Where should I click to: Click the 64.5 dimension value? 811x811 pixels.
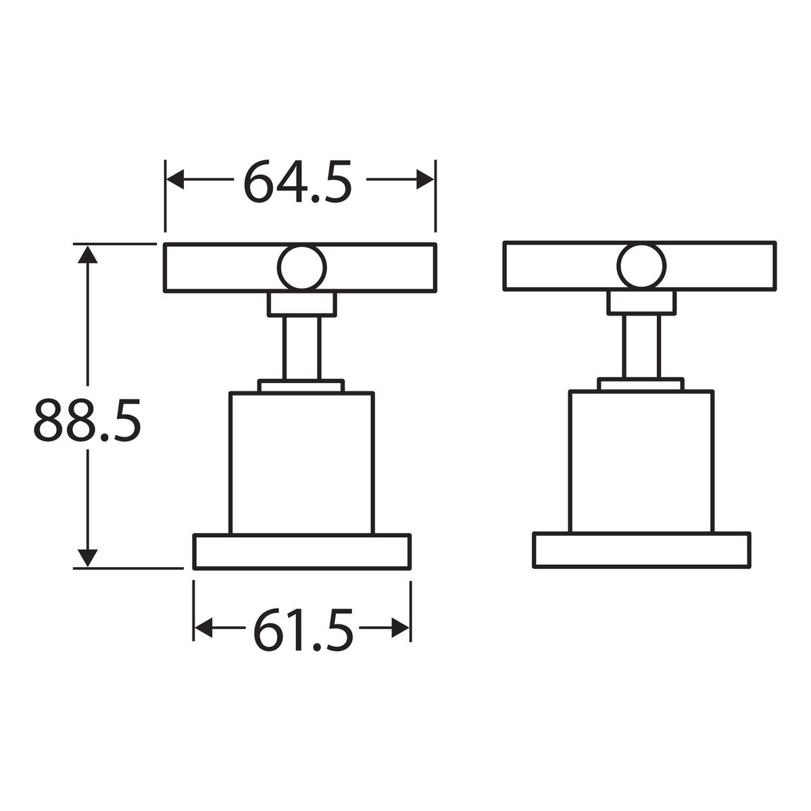tap(297, 181)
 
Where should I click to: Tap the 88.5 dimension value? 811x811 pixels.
tap(87, 420)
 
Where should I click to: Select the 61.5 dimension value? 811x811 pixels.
tap(303, 629)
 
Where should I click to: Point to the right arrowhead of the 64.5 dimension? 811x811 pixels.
tap(424, 179)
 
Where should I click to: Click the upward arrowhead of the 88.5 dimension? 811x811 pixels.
tap(88, 255)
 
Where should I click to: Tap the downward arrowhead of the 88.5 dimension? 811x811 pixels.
tap(88, 558)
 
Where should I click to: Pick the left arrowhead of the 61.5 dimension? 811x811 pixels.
tap(203, 628)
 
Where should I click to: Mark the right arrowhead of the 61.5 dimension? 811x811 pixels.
tap(400, 628)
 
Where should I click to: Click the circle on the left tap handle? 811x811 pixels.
tap(301, 267)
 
